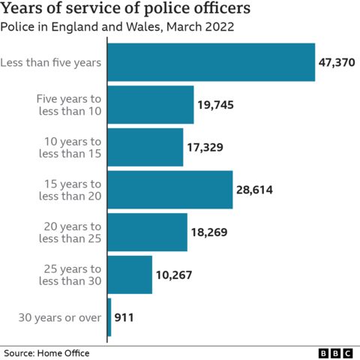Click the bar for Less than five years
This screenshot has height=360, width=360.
[211, 62]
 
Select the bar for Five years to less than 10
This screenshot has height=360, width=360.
[151, 105]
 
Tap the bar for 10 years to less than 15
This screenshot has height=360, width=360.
[145, 147]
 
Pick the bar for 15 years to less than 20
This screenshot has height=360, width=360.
[170, 190]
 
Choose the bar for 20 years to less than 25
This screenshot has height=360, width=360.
[148, 232]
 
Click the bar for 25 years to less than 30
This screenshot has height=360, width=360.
[130, 274]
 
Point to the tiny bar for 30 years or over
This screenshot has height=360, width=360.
[109, 317]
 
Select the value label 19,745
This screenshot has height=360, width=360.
[216, 106]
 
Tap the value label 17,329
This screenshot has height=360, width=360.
[205, 148]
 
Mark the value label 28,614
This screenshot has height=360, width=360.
[255, 190]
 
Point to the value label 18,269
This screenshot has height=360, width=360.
[209, 233]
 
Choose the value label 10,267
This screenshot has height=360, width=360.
[174, 275]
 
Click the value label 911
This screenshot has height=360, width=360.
[125, 318]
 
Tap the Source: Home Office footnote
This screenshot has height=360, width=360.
[46, 352]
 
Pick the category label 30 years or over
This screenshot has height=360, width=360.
[59, 318]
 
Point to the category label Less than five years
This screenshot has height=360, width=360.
[52, 63]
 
